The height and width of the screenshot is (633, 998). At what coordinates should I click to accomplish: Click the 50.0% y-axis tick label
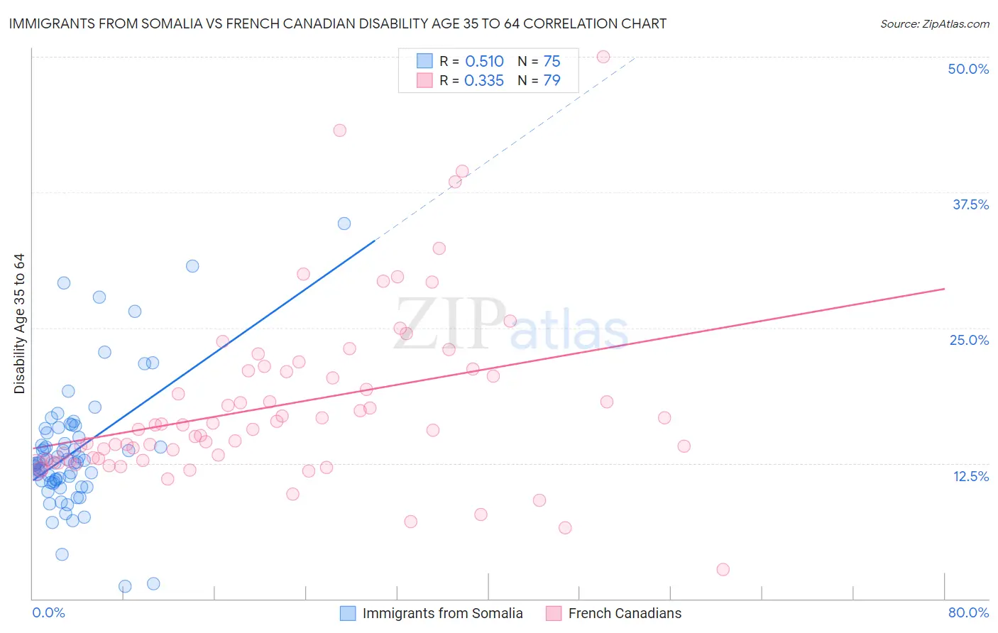[968, 69]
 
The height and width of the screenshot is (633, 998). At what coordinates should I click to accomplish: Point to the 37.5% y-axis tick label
[970, 204]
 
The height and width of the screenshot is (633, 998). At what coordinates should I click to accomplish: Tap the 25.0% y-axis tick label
[969, 340]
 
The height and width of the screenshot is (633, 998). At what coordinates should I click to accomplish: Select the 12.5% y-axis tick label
[970, 476]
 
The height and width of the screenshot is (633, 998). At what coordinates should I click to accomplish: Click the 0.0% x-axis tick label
[48, 612]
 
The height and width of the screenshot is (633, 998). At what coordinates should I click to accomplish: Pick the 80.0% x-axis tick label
[968, 612]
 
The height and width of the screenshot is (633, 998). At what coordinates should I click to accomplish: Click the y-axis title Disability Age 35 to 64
[19, 324]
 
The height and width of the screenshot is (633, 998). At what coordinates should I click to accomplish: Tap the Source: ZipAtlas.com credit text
[935, 24]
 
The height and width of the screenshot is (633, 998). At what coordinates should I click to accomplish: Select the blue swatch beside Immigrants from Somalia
[348, 613]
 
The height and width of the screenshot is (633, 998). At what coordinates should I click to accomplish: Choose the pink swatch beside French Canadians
[554, 613]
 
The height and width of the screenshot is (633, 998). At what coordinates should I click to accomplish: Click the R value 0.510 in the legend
[484, 62]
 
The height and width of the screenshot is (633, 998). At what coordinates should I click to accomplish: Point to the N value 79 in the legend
[552, 81]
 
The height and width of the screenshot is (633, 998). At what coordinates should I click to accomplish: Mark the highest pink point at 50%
[603, 57]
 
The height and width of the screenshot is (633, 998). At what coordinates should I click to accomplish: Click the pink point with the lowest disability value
[723, 569]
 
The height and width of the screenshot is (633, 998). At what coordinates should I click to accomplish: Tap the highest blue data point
[344, 224]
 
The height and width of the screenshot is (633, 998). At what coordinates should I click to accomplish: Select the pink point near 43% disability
[340, 131]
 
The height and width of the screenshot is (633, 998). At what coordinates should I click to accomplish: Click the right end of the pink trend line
[944, 289]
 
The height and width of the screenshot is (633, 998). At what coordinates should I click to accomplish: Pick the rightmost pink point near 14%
[684, 446]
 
